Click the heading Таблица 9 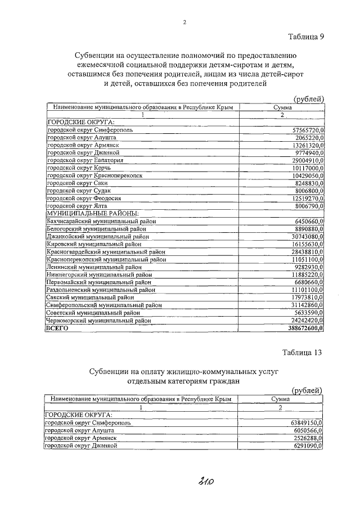[307, 37]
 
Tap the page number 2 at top [184, 22]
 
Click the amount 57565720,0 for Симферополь [308, 130]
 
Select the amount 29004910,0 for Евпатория [308, 160]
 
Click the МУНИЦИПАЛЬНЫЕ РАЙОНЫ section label [92, 214]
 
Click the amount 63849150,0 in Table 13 [308, 422]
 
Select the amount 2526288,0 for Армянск [310, 438]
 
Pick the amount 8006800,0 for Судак [310, 191]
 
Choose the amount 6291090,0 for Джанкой [310, 445]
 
